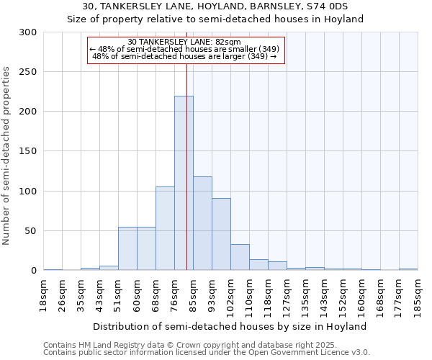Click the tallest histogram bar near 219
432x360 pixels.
[x=184, y=184]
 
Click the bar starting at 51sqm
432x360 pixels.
[x=127, y=248]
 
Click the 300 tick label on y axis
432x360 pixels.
[x=28, y=32]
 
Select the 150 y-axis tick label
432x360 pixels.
[x=28, y=151]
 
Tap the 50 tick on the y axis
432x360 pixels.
[x=31, y=231]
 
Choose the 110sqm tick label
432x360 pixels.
[x=250, y=296]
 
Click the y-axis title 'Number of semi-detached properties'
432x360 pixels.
[x=7, y=156]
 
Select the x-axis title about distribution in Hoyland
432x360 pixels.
[x=230, y=326]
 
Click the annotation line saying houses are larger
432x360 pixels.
[x=186, y=56]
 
